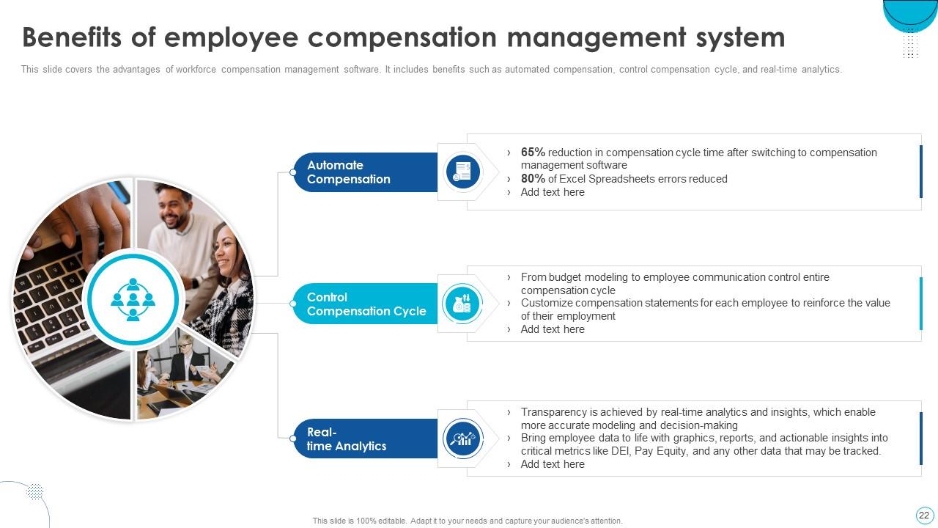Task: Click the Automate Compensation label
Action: click(348, 172)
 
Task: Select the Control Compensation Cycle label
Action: click(366, 304)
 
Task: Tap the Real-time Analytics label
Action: click(346, 439)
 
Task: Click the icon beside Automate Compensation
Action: click(463, 172)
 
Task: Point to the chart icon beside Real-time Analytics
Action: click(463, 439)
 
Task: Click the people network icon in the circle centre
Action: click(133, 299)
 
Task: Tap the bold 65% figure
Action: click(533, 153)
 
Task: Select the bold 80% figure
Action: click(533, 179)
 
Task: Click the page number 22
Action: click(923, 515)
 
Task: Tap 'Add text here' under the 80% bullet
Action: click(553, 192)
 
